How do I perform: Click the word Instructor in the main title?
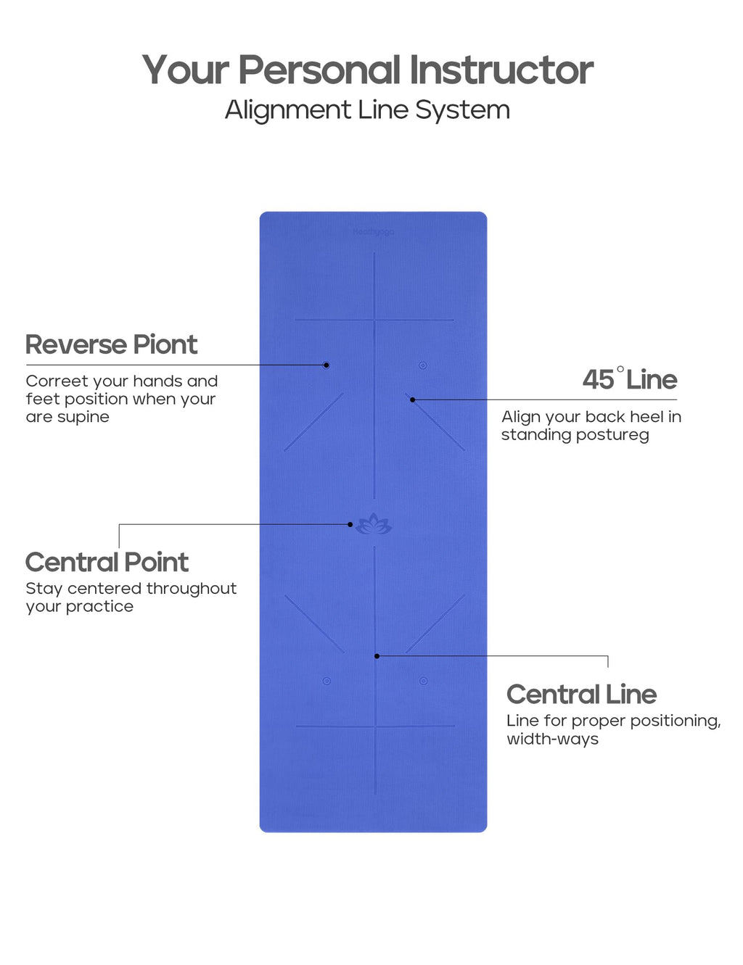coord(501,70)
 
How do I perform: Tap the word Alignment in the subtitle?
coord(288,110)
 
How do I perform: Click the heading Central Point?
coord(107,563)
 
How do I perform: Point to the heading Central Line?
coord(581,695)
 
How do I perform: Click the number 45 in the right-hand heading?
coord(598,380)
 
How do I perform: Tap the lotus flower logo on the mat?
coord(374,524)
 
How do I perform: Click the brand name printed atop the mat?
coord(374,232)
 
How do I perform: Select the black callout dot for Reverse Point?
coord(327,365)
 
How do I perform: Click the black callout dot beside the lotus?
coord(350,524)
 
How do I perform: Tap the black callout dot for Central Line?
coord(377,656)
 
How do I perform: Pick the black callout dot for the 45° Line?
coord(412,399)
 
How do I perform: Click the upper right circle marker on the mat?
coord(422,365)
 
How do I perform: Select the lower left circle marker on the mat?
coord(327,681)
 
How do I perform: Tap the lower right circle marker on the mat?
coord(423,681)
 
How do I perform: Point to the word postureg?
coord(614,435)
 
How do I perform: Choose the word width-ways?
coord(552,740)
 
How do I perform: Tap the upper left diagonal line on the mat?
coord(314,422)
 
